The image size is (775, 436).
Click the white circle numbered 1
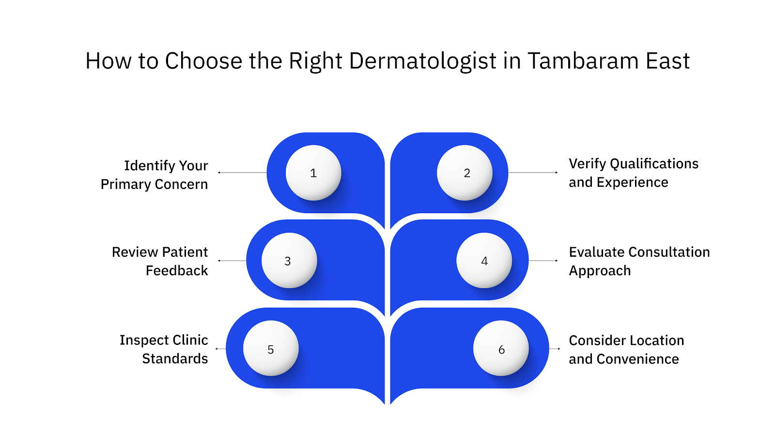(x=313, y=173)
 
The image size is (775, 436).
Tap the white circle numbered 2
(x=465, y=173)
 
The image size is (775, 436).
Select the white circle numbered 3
(x=289, y=261)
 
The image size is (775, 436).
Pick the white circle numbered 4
(x=484, y=261)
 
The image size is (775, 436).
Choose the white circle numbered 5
(x=271, y=348)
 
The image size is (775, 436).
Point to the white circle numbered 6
(x=501, y=348)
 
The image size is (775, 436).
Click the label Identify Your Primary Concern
(x=155, y=175)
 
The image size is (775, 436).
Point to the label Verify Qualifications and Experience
(x=633, y=173)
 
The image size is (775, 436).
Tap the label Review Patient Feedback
(x=160, y=261)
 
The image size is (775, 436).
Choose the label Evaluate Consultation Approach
(x=639, y=261)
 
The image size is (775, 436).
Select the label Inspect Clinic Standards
(x=164, y=349)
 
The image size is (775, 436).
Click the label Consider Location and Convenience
(x=626, y=349)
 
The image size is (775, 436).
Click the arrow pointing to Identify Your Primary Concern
(x=242, y=172)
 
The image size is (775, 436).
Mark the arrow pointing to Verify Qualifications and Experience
(x=533, y=172)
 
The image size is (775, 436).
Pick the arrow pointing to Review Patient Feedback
(x=232, y=261)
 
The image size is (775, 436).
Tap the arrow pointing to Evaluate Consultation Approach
(x=543, y=261)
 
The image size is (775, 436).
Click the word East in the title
(x=667, y=62)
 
